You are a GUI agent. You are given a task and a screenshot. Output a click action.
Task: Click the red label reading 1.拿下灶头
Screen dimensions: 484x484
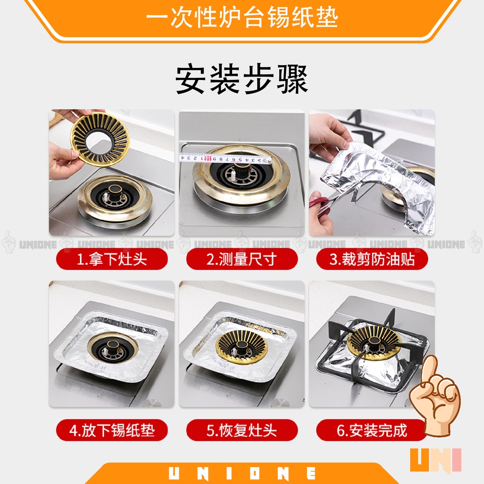112,259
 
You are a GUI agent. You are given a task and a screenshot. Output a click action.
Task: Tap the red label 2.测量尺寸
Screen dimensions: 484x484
242,259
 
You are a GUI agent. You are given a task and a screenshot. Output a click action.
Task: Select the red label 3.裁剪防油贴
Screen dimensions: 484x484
372,259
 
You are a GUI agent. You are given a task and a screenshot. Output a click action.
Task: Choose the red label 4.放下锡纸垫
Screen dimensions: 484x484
112,430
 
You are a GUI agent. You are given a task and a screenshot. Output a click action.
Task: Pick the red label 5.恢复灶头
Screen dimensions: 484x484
242,430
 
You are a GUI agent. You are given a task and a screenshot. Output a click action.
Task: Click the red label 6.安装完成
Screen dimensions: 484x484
372,430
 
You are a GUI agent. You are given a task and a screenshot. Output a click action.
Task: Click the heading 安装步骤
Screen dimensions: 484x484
242,79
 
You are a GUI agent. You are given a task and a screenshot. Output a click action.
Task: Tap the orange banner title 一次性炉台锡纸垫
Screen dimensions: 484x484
242,17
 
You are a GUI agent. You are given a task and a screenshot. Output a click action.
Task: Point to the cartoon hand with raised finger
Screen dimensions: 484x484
435,396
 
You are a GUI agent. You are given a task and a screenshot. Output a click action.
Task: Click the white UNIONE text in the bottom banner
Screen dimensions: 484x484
242,473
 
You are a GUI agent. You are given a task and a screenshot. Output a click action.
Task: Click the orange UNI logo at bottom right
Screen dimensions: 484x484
435,460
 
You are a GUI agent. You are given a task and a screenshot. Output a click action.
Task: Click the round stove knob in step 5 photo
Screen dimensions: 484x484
280,402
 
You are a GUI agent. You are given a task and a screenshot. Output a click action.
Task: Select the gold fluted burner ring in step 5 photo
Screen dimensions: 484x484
242,345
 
